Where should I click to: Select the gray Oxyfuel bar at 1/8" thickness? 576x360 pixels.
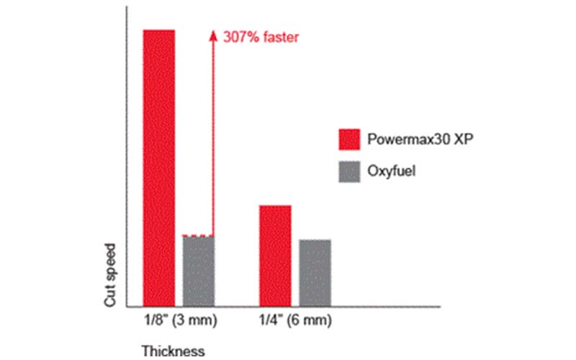coord(198,271)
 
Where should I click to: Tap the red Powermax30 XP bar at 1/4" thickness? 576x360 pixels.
coord(275,256)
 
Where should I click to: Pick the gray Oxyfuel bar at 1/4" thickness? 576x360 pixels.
coord(315,272)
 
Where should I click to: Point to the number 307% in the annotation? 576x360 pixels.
coord(237,36)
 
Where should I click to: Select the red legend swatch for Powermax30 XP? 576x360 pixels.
coord(349,139)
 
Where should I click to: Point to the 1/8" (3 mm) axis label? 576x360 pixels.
coord(177,319)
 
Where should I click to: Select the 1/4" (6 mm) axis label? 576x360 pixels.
coord(294,319)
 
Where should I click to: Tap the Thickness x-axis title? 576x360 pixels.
coord(173,351)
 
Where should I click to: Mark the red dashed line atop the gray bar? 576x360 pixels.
coord(198,235)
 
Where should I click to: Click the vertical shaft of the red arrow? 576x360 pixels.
coord(213,137)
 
